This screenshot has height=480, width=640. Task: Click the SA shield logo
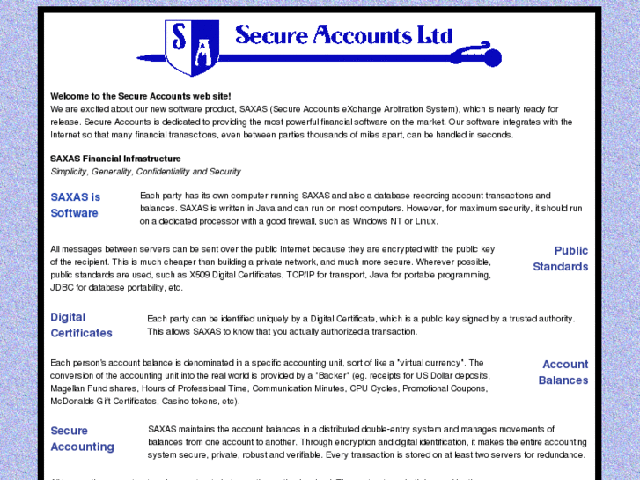coord(192,47)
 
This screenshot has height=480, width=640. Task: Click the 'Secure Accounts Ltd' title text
coord(343,35)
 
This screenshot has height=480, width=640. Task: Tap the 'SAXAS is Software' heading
coord(75,204)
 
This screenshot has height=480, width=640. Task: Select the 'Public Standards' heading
coord(560,259)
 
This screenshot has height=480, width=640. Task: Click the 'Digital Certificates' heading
coord(81,325)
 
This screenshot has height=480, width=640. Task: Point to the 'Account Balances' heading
coord(563,373)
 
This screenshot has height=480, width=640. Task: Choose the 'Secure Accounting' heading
coord(82,439)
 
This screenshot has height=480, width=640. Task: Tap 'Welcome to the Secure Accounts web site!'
coord(141,96)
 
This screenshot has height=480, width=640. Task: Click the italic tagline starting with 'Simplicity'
coord(145,172)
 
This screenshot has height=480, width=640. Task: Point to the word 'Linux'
coord(426,221)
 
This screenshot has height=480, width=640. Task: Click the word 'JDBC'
coord(62,288)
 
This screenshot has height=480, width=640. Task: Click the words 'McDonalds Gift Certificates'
coord(104,402)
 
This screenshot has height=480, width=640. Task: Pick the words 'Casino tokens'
coord(195,402)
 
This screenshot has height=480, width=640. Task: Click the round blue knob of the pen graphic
coord(492,58)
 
